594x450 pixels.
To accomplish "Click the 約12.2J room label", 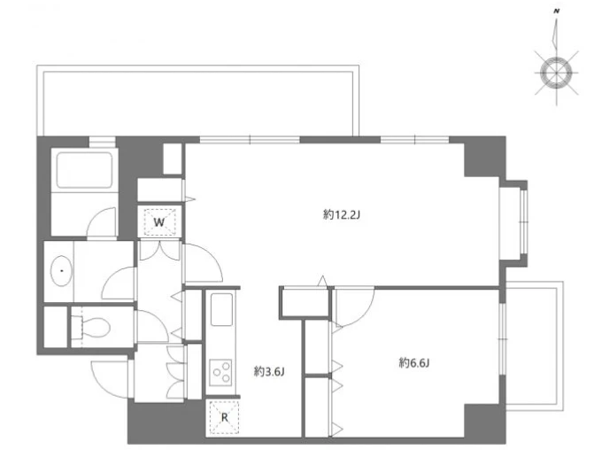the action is coord(342,215).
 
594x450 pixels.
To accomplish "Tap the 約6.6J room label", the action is coord(414,363).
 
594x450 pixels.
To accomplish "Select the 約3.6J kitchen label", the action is coord(269,372).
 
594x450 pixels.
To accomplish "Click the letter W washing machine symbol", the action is coord(159,222).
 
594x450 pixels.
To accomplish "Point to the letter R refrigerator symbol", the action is coord(225,418).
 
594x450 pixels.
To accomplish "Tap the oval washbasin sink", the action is coord(61,271).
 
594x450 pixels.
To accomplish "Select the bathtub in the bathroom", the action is coord(84,170).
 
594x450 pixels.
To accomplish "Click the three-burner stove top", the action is coord(220,372).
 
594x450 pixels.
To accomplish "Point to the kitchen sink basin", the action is coord(221,309).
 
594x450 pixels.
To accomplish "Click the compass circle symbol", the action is coord(556,73).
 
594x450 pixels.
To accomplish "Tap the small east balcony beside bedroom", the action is coord(534,345).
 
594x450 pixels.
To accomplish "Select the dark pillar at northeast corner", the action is coord(485,157).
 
